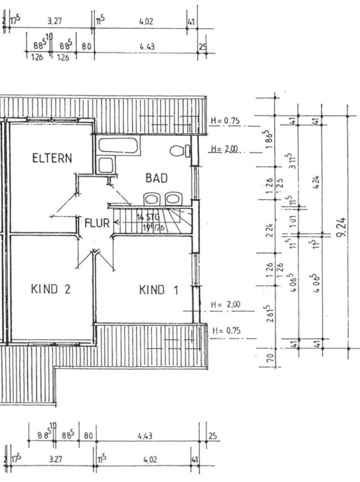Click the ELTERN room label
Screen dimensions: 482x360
pyautogui.click(x=52, y=158)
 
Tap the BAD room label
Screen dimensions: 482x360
pyautogui.click(x=157, y=178)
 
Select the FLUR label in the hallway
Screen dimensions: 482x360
pyautogui.click(x=97, y=223)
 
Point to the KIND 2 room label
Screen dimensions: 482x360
pyautogui.click(x=51, y=289)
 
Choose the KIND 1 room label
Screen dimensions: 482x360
pyautogui.click(x=158, y=290)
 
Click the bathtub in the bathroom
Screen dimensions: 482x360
pyautogui.click(x=118, y=146)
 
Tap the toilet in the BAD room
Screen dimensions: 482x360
pyautogui.click(x=179, y=151)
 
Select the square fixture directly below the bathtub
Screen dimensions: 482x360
pyautogui.click(x=105, y=165)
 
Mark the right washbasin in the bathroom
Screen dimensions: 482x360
pyautogui.click(x=173, y=199)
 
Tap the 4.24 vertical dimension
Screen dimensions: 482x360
pyautogui.click(x=317, y=180)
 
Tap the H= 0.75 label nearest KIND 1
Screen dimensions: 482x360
pyautogui.click(x=226, y=331)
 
